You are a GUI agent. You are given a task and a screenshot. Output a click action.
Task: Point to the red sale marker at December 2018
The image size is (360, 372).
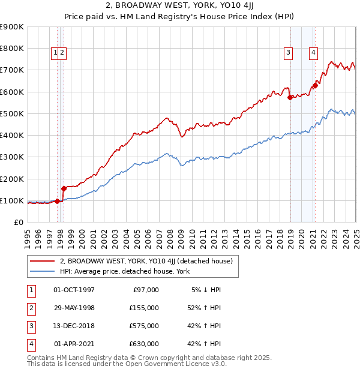click(x=290, y=97)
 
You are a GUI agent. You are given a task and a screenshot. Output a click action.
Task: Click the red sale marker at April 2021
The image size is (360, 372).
click(x=315, y=85)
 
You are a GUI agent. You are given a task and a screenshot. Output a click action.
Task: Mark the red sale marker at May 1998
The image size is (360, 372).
click(x=64, y=188)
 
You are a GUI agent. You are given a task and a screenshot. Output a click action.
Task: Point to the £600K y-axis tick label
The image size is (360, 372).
click(x=12, y=92)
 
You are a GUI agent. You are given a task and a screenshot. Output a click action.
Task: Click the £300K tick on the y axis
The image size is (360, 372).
click(x=12, y=157)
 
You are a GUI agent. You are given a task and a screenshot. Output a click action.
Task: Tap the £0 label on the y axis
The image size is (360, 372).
click(x=18, y=222)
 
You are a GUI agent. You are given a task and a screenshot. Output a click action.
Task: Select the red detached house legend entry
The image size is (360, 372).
click(x=149, y=261)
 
